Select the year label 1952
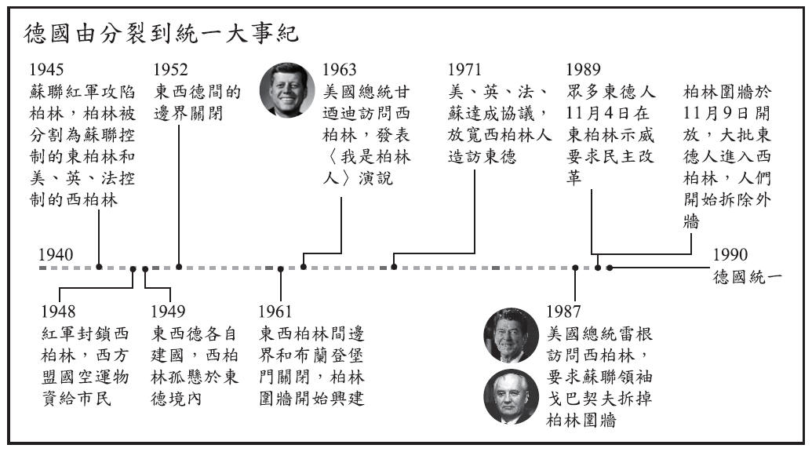171,70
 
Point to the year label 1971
466,70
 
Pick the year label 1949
168,312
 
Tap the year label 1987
564,312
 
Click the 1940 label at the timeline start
55,254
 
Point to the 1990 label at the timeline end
730,254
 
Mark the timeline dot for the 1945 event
99,268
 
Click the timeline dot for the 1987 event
575,268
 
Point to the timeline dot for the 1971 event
394,268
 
